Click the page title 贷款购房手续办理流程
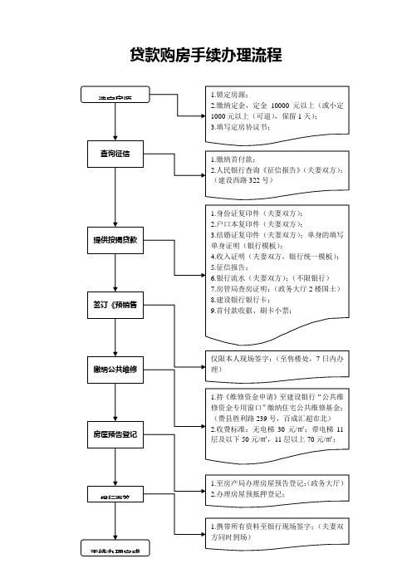point(206,56)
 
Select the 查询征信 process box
point(115,154)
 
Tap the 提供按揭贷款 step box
point(115,239)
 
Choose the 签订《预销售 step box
point(115,306)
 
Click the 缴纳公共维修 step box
point(115,369)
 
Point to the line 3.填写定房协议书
point(252,128)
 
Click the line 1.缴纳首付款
point(240,159)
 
